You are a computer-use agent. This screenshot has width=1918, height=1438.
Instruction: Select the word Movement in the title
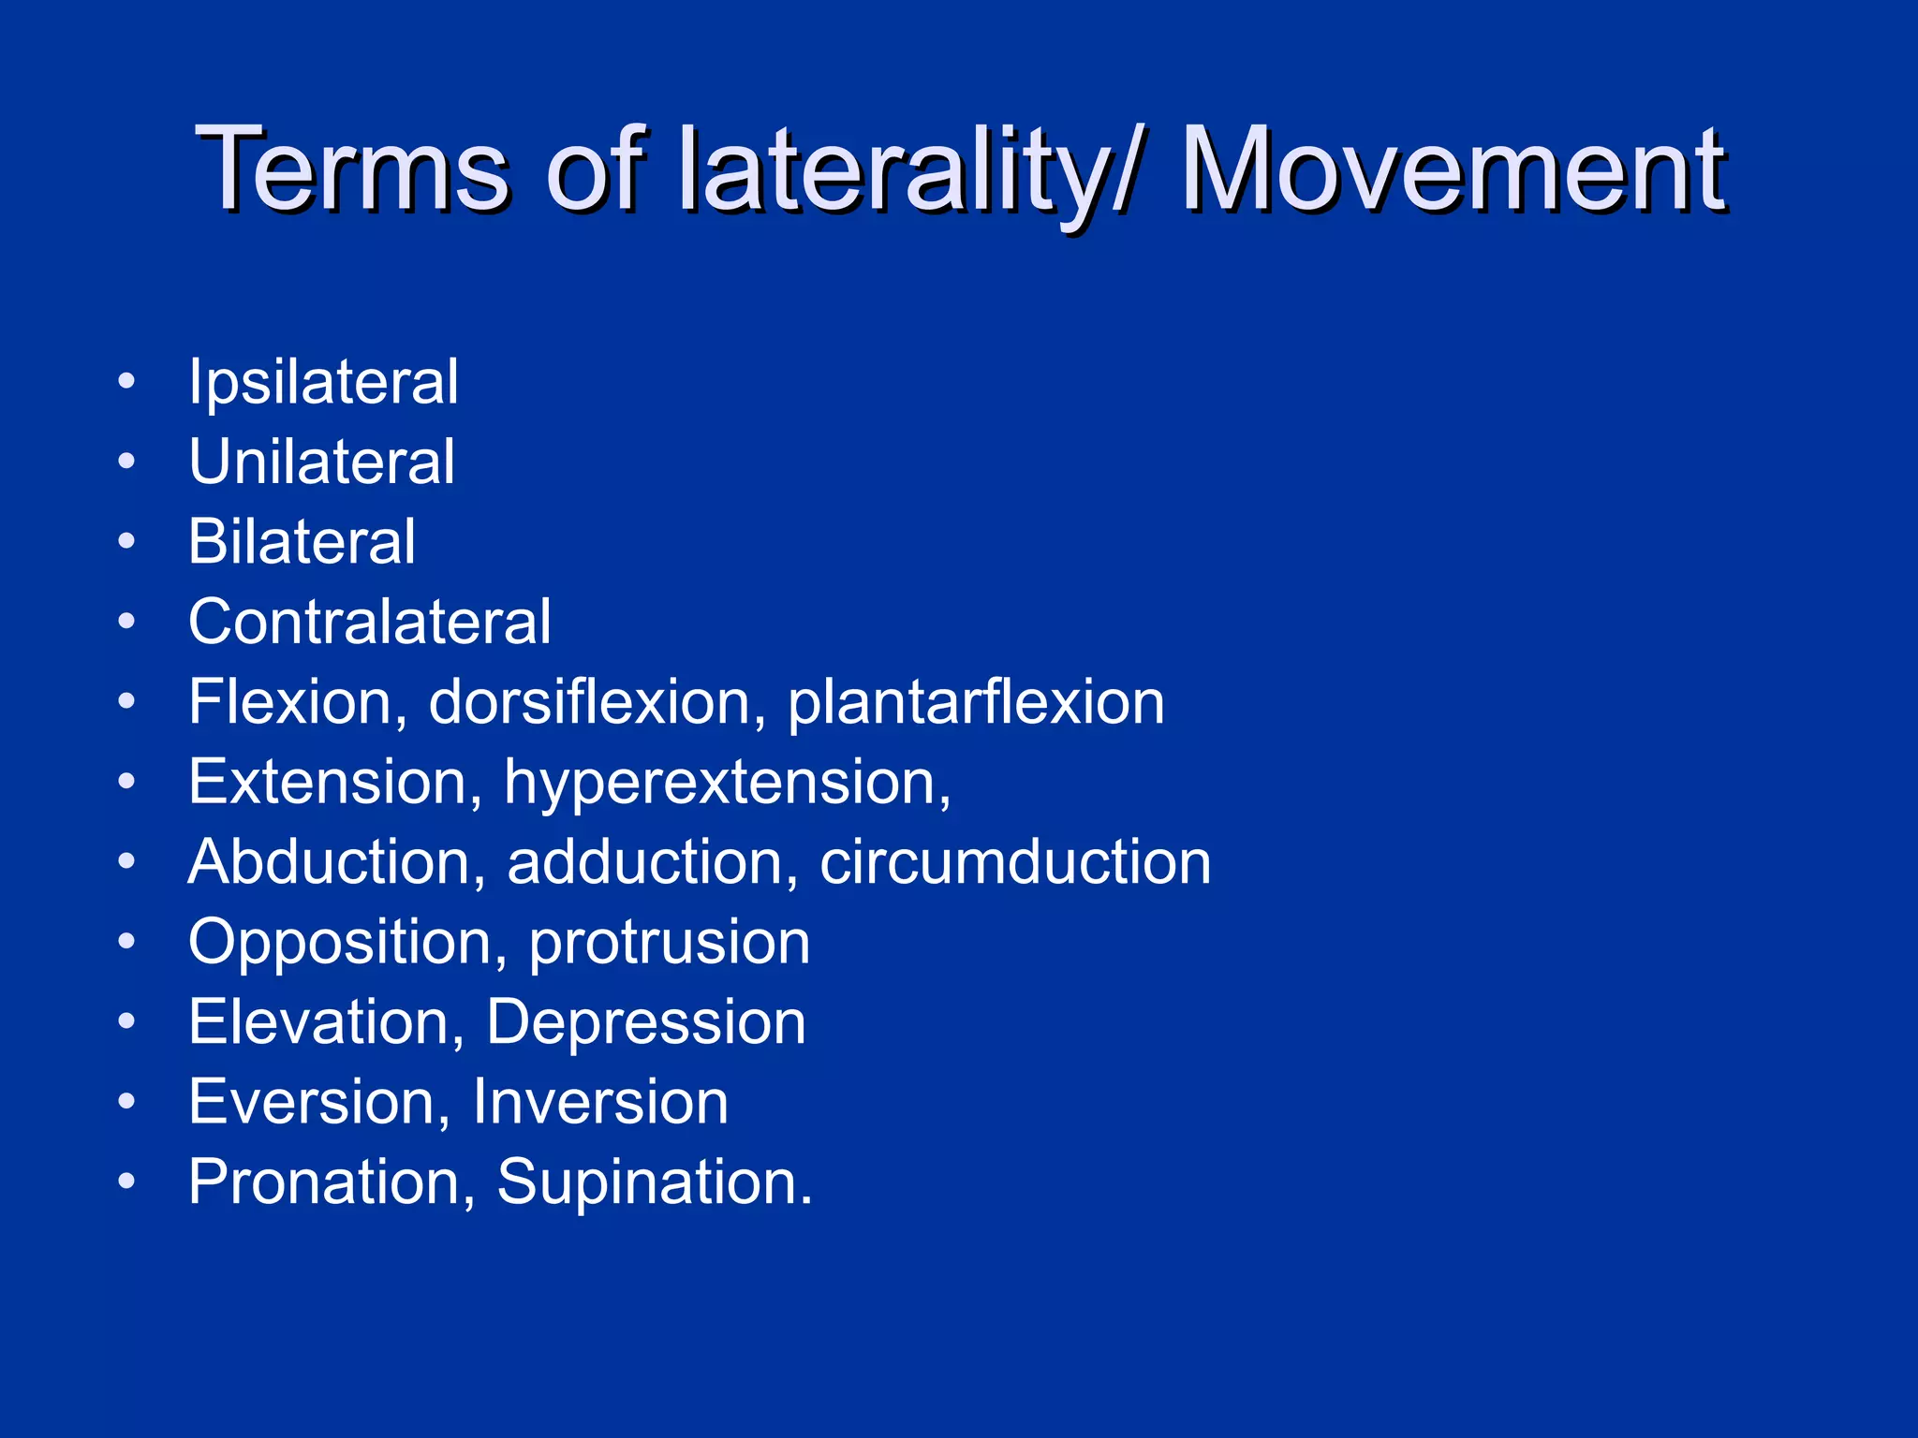(1453, 170)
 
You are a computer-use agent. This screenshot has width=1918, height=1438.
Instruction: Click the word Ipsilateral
(323, 383)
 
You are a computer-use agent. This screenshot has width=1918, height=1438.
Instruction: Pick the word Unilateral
(321, 462)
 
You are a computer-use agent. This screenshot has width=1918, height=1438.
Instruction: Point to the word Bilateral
(302, 542)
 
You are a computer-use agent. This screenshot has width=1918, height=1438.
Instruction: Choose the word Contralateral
(370, 623)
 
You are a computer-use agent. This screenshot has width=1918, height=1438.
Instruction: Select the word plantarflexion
(976, 702)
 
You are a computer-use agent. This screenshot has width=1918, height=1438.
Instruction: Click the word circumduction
(1015, 862)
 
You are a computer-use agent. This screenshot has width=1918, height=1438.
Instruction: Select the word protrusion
(670, 943)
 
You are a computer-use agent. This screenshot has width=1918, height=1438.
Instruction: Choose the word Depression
(646, 1022)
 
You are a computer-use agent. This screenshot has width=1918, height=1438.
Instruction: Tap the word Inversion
(600, 1102)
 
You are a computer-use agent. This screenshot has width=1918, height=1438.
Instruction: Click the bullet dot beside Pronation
(127, 1181)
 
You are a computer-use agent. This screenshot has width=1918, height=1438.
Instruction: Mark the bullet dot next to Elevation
(127, 1020)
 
